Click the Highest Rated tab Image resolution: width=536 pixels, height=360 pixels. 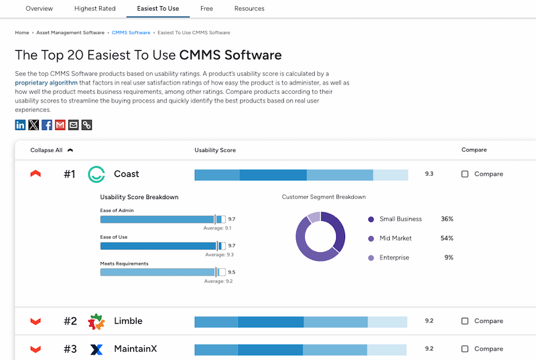pos(95,9)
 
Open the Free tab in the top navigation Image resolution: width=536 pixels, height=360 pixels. pos(206,9)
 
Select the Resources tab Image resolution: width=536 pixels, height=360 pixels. pos(249,9)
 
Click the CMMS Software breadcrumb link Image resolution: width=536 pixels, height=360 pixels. pos(131,33)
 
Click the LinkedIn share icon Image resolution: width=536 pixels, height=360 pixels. pos(21,125)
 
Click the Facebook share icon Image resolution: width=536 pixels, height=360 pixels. pos(47,125)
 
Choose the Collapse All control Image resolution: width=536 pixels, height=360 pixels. pos(52,150)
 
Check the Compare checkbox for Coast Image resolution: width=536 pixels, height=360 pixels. pos(465,174)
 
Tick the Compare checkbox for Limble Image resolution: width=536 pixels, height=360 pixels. pos(465,321)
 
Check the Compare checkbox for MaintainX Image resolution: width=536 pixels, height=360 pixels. pos(465,349)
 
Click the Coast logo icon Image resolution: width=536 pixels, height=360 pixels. pos(97,174)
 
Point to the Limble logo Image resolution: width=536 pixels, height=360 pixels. pos(97,322)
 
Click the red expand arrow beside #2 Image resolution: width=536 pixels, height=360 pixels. pos(36,322)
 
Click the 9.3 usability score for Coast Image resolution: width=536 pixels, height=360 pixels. pos(429,174)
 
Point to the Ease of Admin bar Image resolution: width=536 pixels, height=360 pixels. pos(157,219)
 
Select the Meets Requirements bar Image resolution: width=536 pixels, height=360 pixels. pos(157,272)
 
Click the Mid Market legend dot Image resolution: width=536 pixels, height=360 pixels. pos(371,239)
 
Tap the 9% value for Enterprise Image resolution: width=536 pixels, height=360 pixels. pos(448,258)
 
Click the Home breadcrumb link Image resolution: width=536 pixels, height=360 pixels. pos(22,33)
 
